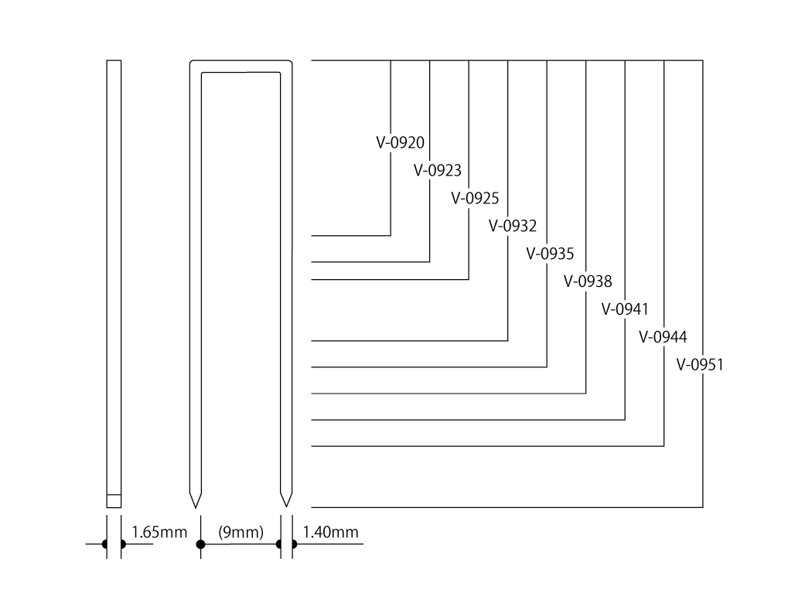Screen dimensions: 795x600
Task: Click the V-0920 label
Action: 400,143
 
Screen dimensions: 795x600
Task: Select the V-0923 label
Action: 438,171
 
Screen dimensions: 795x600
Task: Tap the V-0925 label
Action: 475,198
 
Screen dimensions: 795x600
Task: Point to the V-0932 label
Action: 513,226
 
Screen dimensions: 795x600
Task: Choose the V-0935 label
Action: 550,254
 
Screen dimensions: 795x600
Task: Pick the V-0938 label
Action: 588,281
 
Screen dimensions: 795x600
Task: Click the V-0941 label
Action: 625,309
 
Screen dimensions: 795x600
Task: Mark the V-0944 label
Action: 663,337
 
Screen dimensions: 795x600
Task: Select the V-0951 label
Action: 700,365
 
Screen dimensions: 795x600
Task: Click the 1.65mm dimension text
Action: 159,532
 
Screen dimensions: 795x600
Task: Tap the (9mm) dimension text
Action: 241,532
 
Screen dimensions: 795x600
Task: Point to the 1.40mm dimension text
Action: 330,532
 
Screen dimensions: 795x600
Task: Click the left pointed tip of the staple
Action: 196,507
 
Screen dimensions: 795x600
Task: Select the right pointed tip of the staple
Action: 286,506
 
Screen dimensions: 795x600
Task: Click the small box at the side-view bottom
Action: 114,501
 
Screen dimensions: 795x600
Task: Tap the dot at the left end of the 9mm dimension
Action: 201,544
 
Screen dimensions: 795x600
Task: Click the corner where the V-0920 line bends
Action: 391,236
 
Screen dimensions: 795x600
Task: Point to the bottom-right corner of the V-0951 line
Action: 703,507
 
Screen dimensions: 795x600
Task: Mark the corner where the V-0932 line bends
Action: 507,340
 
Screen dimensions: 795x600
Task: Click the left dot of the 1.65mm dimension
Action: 105,544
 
